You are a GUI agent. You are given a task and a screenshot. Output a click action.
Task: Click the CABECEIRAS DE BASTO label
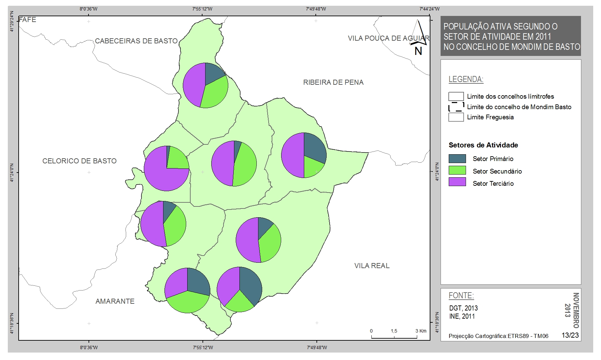[x=136, y=41]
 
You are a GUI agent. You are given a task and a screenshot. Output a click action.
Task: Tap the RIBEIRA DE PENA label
[x=333, y=82]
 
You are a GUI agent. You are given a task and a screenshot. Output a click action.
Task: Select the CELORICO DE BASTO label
[x=79, y=161]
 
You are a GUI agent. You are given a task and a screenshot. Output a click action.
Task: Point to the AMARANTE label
[x=115, y=301]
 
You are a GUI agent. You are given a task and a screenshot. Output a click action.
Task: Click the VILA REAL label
[x=372, y=266]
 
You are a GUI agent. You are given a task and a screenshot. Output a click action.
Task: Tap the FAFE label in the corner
[x=27, y=20]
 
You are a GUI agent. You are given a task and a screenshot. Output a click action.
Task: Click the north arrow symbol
[x=419, y=37]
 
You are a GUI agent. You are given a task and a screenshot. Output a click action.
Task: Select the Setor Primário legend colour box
[x=457, y=159]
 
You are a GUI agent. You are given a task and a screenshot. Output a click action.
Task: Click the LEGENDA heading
[x=466, y=79]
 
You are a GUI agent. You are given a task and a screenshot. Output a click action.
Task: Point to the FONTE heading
[x=461, y=296]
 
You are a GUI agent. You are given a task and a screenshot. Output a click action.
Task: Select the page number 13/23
[x=570, y=335]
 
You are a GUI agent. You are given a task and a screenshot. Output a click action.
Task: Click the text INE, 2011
[x=462, y=316]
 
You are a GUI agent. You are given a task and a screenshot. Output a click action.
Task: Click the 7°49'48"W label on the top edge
[x=316, y=9]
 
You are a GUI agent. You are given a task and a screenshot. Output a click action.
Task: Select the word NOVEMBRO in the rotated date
[x=576, y=311]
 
